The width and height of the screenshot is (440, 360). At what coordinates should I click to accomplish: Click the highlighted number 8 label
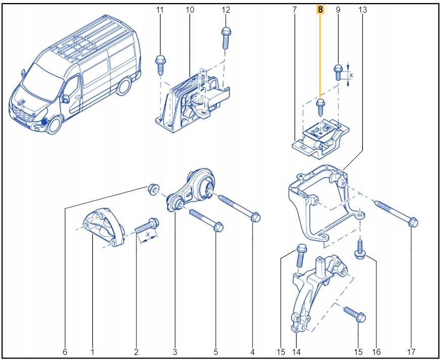tap(320, 10)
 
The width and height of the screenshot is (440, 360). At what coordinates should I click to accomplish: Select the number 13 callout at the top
tap(362, 10)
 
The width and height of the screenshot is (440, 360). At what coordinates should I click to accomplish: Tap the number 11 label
tap(160, 10)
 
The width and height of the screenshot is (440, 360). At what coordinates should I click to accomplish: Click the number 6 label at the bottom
tap(65, 351)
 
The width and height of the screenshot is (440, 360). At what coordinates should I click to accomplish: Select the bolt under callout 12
tap(225, 38)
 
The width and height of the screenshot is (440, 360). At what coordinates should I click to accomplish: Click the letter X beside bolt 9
tap(352, 75)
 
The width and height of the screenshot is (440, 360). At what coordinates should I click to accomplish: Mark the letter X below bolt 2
tap(147, 236)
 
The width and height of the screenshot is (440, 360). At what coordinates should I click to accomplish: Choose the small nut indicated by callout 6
tap(151, 189)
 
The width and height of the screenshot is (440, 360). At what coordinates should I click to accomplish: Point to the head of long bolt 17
tap(413, 221)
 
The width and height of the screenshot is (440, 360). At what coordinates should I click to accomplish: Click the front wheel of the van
tap(52, 123)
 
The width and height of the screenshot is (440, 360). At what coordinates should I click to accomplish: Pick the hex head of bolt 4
tap(255, 216)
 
